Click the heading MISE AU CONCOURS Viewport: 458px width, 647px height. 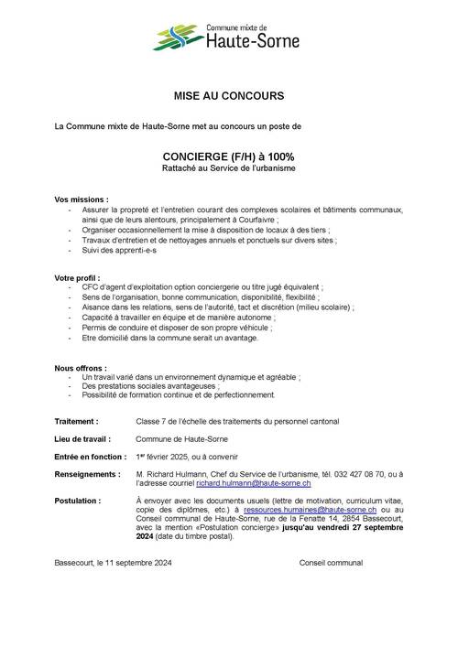[x=229, y=95]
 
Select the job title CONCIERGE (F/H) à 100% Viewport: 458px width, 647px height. [x=229, y=157]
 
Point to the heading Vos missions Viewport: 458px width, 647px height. [x=82, y=199]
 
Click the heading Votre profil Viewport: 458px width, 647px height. [x=77, y=276]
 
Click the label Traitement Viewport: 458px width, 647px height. [x=77, y=423]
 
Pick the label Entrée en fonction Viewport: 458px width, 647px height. [x=90, y=457]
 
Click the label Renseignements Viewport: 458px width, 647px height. [x=88, y=475]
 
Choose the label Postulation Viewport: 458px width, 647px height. [x=78, y=502]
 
